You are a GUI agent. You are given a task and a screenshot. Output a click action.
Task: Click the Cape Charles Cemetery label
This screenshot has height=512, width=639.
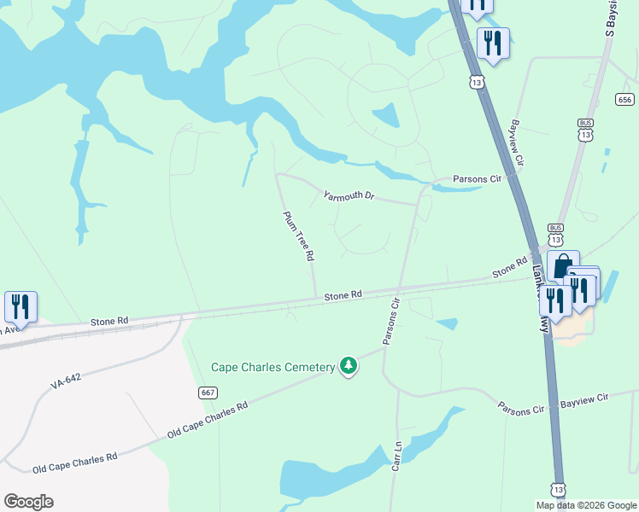[273, 368]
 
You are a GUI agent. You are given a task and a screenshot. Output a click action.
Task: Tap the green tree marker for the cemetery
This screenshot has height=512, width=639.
[348, 366]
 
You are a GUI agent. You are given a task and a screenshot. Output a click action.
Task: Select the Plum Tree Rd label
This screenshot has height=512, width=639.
[300, 236]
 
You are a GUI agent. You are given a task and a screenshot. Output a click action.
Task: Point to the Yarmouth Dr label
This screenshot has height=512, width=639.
[349, 196]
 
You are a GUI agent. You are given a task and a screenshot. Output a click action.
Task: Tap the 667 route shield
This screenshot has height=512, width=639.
[206, 393]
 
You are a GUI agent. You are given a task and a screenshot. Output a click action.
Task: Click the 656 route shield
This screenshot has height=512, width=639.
[624, 100]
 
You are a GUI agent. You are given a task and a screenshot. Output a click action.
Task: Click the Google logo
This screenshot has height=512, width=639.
[28, 502]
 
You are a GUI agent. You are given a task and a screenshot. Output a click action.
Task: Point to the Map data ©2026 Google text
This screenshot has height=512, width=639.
[585, 505]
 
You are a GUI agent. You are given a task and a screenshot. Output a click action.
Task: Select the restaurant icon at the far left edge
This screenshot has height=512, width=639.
[21, 306]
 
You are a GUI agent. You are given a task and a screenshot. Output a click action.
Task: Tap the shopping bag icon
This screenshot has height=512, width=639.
[562, 265]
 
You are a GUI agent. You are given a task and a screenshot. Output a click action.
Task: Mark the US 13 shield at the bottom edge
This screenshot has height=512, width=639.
[559, 489]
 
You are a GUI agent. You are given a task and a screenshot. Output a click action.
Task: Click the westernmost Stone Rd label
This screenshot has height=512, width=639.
[109, 322]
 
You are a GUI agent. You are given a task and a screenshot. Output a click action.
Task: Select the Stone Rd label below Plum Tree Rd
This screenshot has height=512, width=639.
[343, 295]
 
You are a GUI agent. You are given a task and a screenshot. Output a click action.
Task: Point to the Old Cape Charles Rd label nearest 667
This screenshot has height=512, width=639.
[208, 419]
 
